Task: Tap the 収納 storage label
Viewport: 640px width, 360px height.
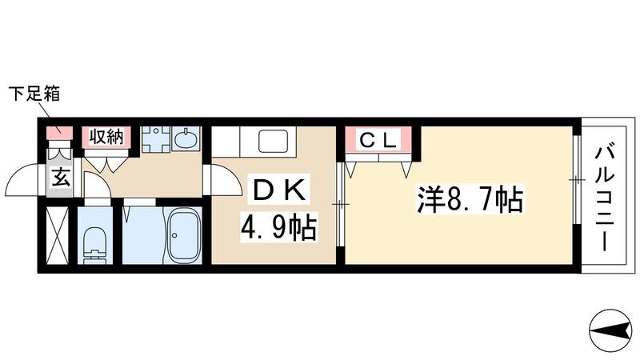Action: pyautogui.click(x=106, y=136)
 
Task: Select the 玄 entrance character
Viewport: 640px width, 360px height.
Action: pyautogui.click(x=61, y=178)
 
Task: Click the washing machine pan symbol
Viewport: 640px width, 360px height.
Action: pyautogui.click(x=157, y=138)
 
